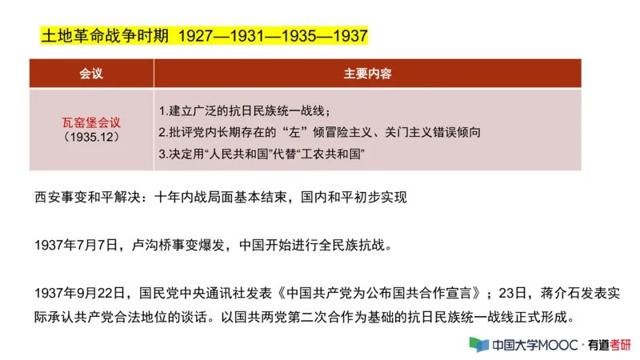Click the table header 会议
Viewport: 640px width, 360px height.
tap(91, 74)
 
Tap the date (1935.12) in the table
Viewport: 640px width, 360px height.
tap(91, 138)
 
